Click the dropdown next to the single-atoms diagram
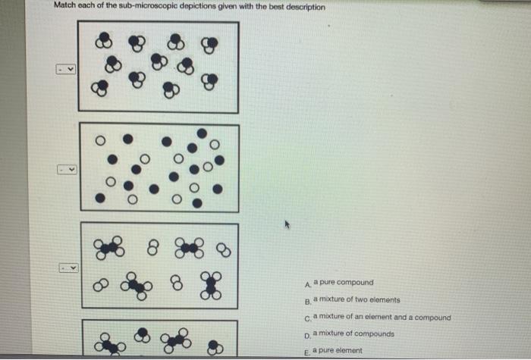(x=66, y=169)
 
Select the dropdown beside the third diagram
(x=66, y=268)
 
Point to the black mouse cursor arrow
(x=287, y=224)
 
